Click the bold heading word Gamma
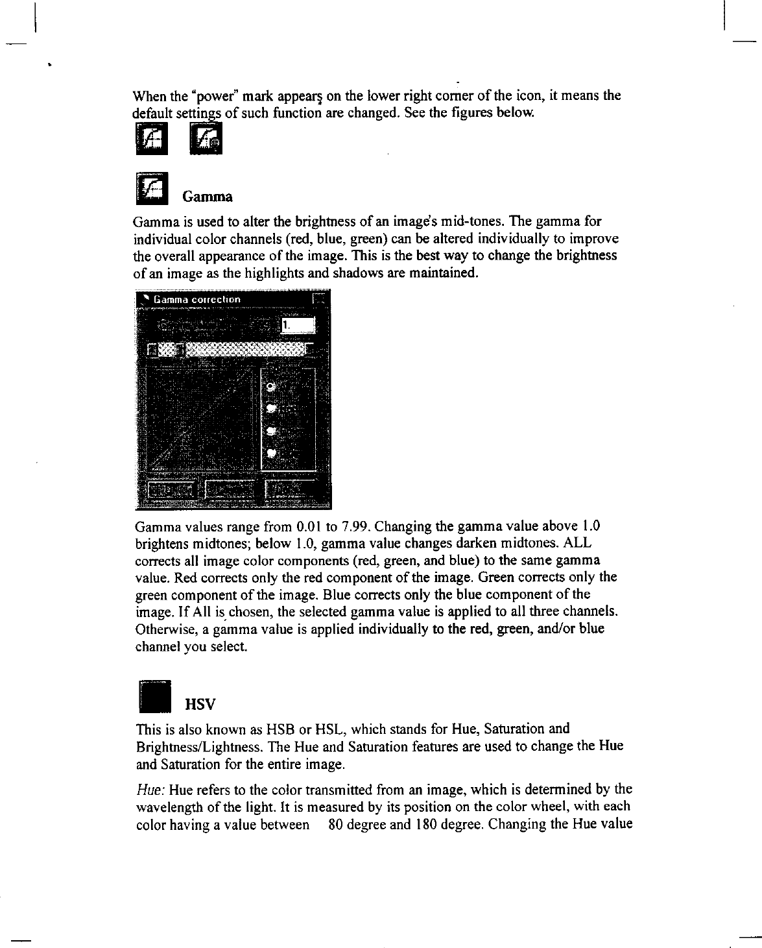(x=207, y=196)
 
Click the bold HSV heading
(x=199, y=703)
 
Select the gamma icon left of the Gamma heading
(x=152, y=188)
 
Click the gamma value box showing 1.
(x=298, y=324)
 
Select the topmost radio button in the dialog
(x=271, y=387)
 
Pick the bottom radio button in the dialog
(x=272, y=452)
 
